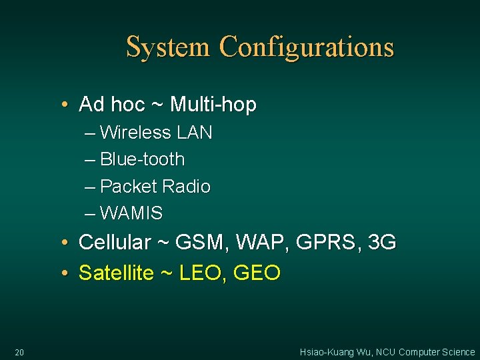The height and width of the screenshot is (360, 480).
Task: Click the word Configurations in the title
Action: coord(307,48)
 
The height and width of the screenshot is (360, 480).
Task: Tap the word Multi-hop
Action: coord(213,105)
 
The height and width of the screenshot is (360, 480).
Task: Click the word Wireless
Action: coord(135,133)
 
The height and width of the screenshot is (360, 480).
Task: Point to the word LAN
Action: coord(195,133)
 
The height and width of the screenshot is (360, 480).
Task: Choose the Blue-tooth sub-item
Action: coord(142,159)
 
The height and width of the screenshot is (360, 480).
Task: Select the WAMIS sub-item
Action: coord(131,213)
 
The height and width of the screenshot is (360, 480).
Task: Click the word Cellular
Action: coord(115,242)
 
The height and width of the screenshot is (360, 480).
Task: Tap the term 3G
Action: coord(382,242)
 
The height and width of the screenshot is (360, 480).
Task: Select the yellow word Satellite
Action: coord(116,273)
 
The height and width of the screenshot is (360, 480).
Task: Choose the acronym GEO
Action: coord(257,273)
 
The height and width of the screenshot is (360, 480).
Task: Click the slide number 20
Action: coord(19,352)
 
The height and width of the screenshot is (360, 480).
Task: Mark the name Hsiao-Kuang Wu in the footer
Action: coord(334,352)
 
